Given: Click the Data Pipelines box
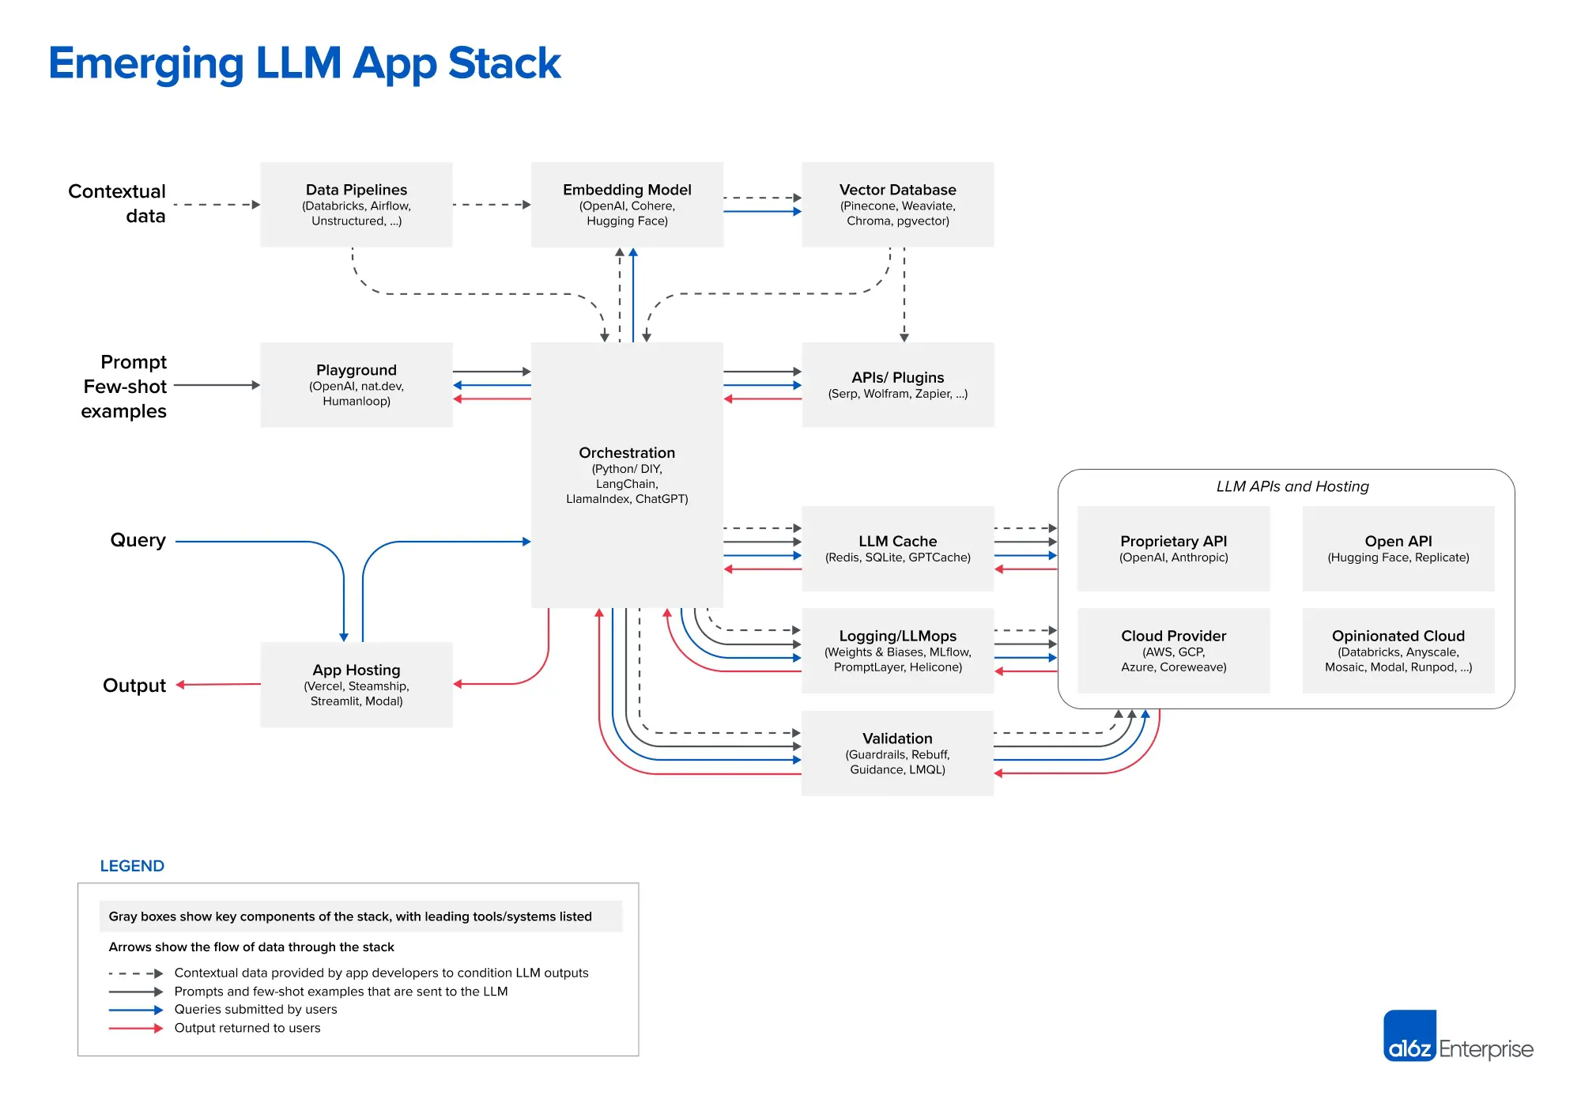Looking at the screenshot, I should click(x=356, y=205).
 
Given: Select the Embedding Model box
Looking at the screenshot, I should click(x=627, y=205).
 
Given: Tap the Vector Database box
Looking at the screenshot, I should click(x=897, y=205).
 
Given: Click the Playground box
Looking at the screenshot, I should click(x=356, y=385).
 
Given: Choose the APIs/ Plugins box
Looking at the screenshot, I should click(x=897, y=385).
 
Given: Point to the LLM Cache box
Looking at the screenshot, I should click(x=897, y=549).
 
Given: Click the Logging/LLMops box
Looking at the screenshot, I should click(x=897, y=651).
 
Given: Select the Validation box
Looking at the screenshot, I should click(x=897, y=753).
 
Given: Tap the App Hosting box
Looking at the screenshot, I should click(x=356, y=685).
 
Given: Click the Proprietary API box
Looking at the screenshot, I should click(x=1173, y=549).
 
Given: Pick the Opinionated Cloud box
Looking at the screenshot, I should click(x=1398, y=651).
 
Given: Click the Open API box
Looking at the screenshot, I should click(x=1398, y=549).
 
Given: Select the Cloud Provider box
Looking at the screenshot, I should click(x=1173, y=651).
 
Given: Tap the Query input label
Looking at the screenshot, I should click(x=138, y=540).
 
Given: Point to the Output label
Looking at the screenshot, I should click(x=134, y=686).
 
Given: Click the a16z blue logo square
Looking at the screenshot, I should click(x=1409, y=1035).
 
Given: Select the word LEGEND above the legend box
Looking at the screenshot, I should click(x=132, y=866).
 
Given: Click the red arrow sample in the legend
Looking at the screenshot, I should click(x=135, y=1029).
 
